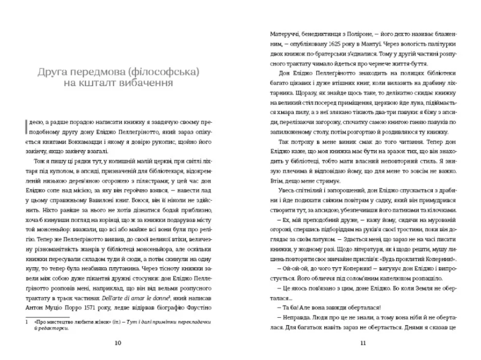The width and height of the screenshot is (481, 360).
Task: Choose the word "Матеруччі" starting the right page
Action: [284, 35]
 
